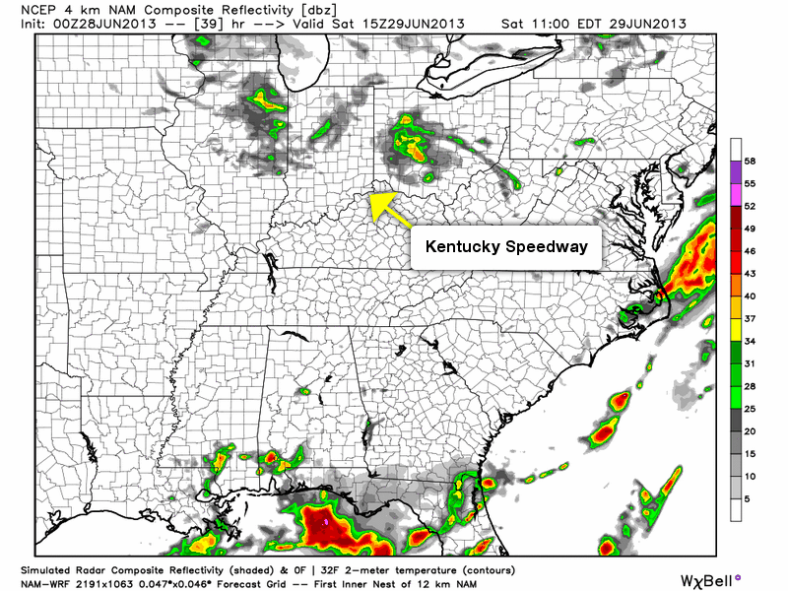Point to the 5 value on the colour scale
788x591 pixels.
pos(747,499)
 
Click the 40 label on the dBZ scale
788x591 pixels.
pos(750,295)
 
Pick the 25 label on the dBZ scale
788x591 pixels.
pos(750,409)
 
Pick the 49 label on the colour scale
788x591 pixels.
pos(750,228)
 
